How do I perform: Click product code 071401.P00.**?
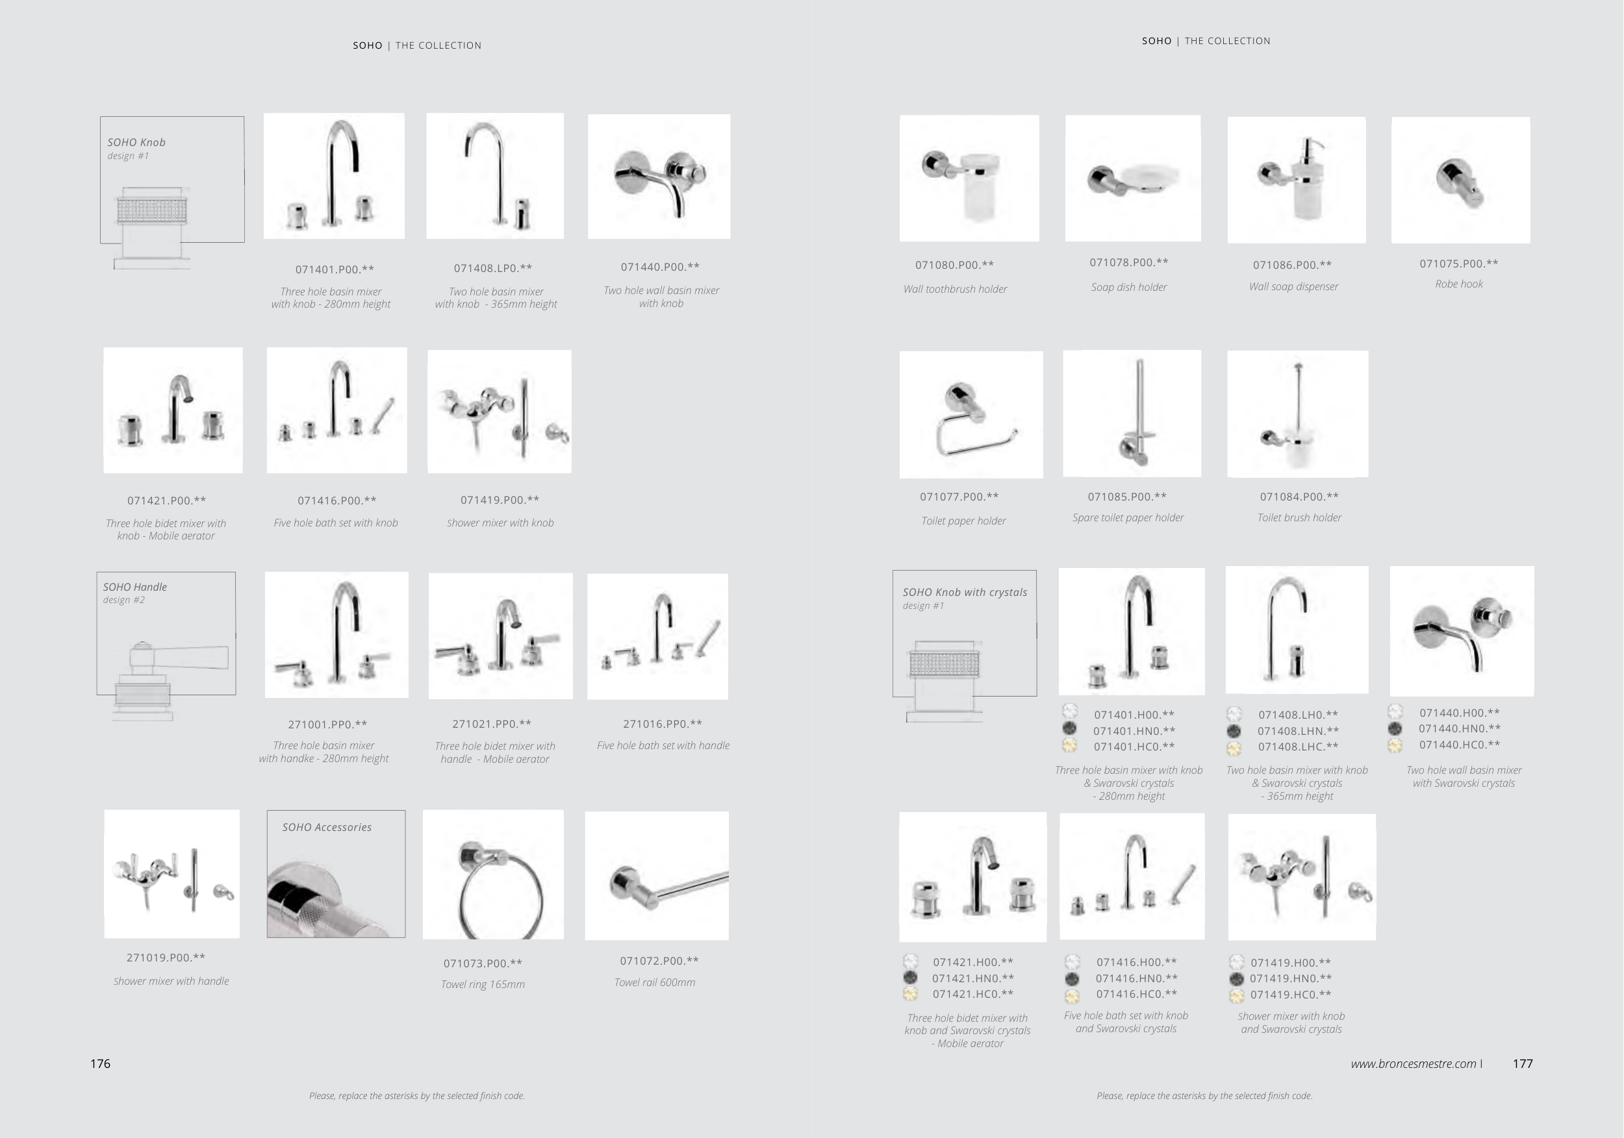pyautogui.click(x=335, y=269)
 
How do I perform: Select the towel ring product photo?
pyautogui.click(x=493, y=874)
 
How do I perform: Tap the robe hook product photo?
pyautogui.click(x=1460, y=180)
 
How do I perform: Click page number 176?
pyautogui.click(x=101, y=1064)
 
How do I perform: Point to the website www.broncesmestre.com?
pyautogui.click(x=1414, y=1064)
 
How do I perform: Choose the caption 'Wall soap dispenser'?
pyautogui.click(x=1294, y=286)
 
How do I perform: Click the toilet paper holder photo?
pyautogui.click(x=971, y=414)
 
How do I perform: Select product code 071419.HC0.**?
pyautogui.click(x=1291, y=995)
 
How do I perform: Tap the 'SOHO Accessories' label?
pyautogui.click(x=327, y=827)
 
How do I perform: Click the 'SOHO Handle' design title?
pyautogui.click(x=135, y=587)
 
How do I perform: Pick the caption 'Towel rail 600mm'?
pyautogui.click(x=655, y=982)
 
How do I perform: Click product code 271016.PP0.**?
pyautogui.click(x=663, y=724)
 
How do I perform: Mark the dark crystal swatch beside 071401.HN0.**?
pyautogui.click(x=1069, y=729)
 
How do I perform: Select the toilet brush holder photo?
pyautogui.click(x=1298, y=414)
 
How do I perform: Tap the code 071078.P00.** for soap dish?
pyautogui.click(x=1129, y=262)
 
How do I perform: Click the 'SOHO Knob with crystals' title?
pyautogui.click(x=965, y=592)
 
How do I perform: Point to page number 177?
pyautogui.click(x=1523, y=1064)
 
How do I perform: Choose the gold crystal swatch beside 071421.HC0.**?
pyautogui.click(x=911, y=994)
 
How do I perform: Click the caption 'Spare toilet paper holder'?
pyautogui.click(x=1128, y=517)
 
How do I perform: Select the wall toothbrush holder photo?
pyautogui.click(x=970, y=178)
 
